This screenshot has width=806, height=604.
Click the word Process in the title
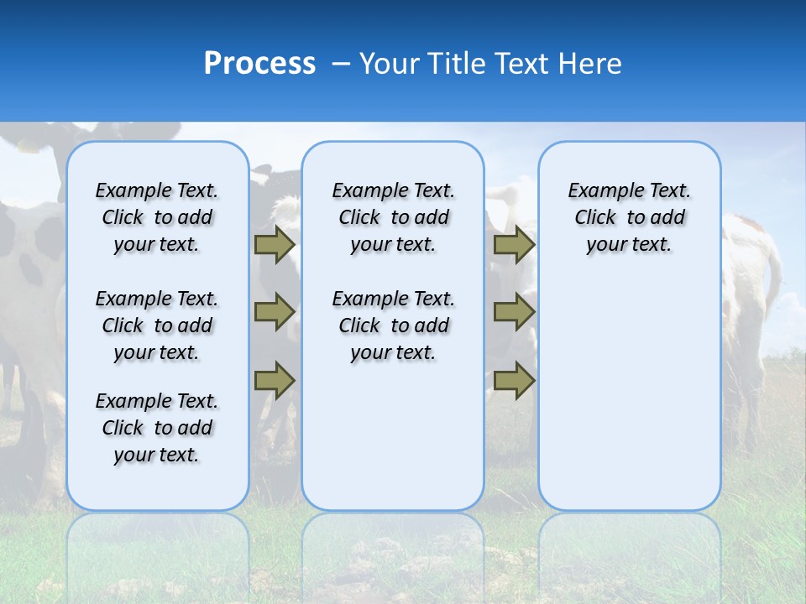click(259, 64)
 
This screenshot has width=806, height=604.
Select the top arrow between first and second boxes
click(275, 245)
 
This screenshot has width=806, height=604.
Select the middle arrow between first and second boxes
click(275, 312)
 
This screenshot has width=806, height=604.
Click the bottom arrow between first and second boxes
click(275, 380)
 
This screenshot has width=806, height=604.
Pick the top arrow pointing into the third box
click(514, 245)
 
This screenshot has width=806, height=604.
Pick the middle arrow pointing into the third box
click(514, 312)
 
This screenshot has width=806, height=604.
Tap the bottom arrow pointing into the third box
click(514, 380)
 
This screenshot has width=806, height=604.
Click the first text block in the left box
click(157, 217)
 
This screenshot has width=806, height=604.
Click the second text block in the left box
click(157, 325)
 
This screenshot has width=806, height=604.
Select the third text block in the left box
click(157, 428)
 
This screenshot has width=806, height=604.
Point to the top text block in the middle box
click(393, 217)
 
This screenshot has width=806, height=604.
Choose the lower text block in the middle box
click(393, 325)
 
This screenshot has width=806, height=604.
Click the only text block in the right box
click(629, 217)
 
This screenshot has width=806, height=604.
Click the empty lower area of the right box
click(629, 394)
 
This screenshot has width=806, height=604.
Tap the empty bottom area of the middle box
click(393, 445)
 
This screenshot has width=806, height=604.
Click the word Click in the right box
click(595, 218)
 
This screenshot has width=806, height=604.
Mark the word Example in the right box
click(599, 191)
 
